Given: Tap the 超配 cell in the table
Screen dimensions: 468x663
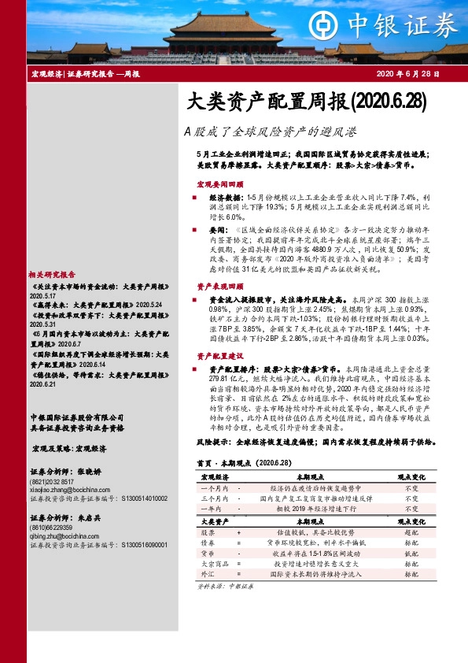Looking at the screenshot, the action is (x=411, y=532).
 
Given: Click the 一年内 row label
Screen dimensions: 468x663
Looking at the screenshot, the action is (x=214, y=510).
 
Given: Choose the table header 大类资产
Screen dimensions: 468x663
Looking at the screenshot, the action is (x=214, y=521).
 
